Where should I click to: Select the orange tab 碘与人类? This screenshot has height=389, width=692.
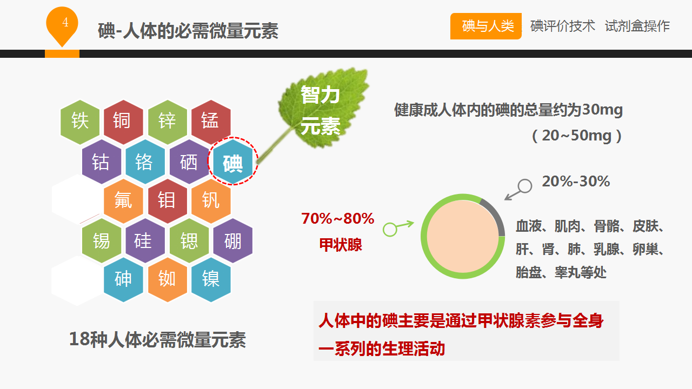pos(485,26)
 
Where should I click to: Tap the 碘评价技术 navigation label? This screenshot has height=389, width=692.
pos(563,26)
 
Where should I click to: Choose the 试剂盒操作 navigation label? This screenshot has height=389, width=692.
pos(637,26)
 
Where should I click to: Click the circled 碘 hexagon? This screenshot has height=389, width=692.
pos(232,162)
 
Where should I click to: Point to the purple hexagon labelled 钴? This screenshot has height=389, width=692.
pos(102,162)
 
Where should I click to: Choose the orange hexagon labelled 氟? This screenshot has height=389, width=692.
pos(123,201)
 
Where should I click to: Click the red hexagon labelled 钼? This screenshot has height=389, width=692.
pos(168,201)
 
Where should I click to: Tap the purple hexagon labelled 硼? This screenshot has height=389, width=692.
pos(232,240)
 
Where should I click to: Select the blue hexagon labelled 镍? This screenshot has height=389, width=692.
pos(211,280)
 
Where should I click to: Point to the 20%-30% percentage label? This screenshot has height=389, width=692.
pos(576,181)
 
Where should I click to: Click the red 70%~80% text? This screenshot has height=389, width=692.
pos(338,218)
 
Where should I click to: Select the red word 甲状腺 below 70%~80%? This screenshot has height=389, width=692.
pos(341,245)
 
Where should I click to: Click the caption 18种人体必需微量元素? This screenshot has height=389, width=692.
pos(157,340)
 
